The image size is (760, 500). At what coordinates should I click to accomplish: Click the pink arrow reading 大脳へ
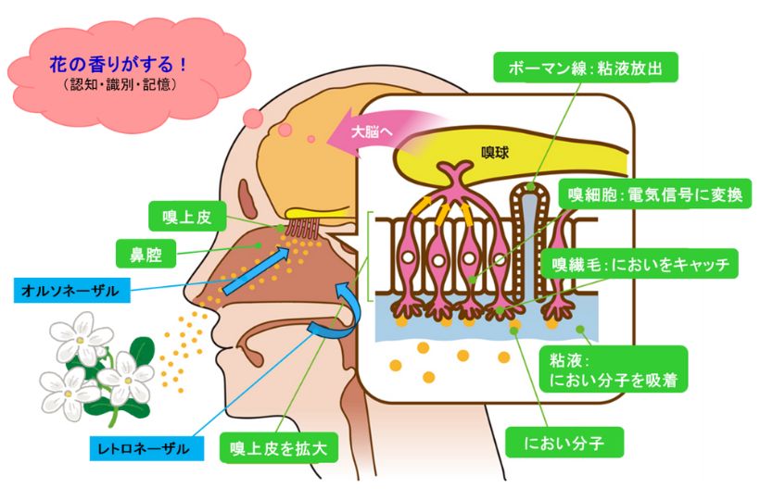[374, 131]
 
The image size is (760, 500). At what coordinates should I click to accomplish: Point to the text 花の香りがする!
[119, 66]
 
